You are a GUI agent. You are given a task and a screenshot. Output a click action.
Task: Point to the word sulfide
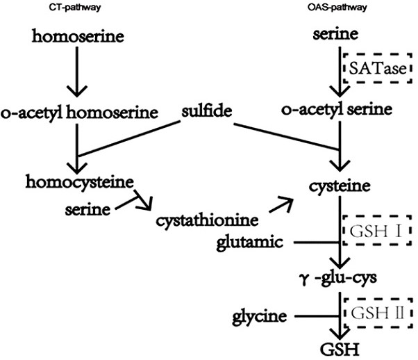(208, 111)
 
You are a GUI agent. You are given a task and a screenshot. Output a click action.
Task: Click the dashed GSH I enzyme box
(375, 230)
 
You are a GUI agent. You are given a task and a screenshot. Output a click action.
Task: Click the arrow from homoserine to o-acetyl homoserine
(76, 72)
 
